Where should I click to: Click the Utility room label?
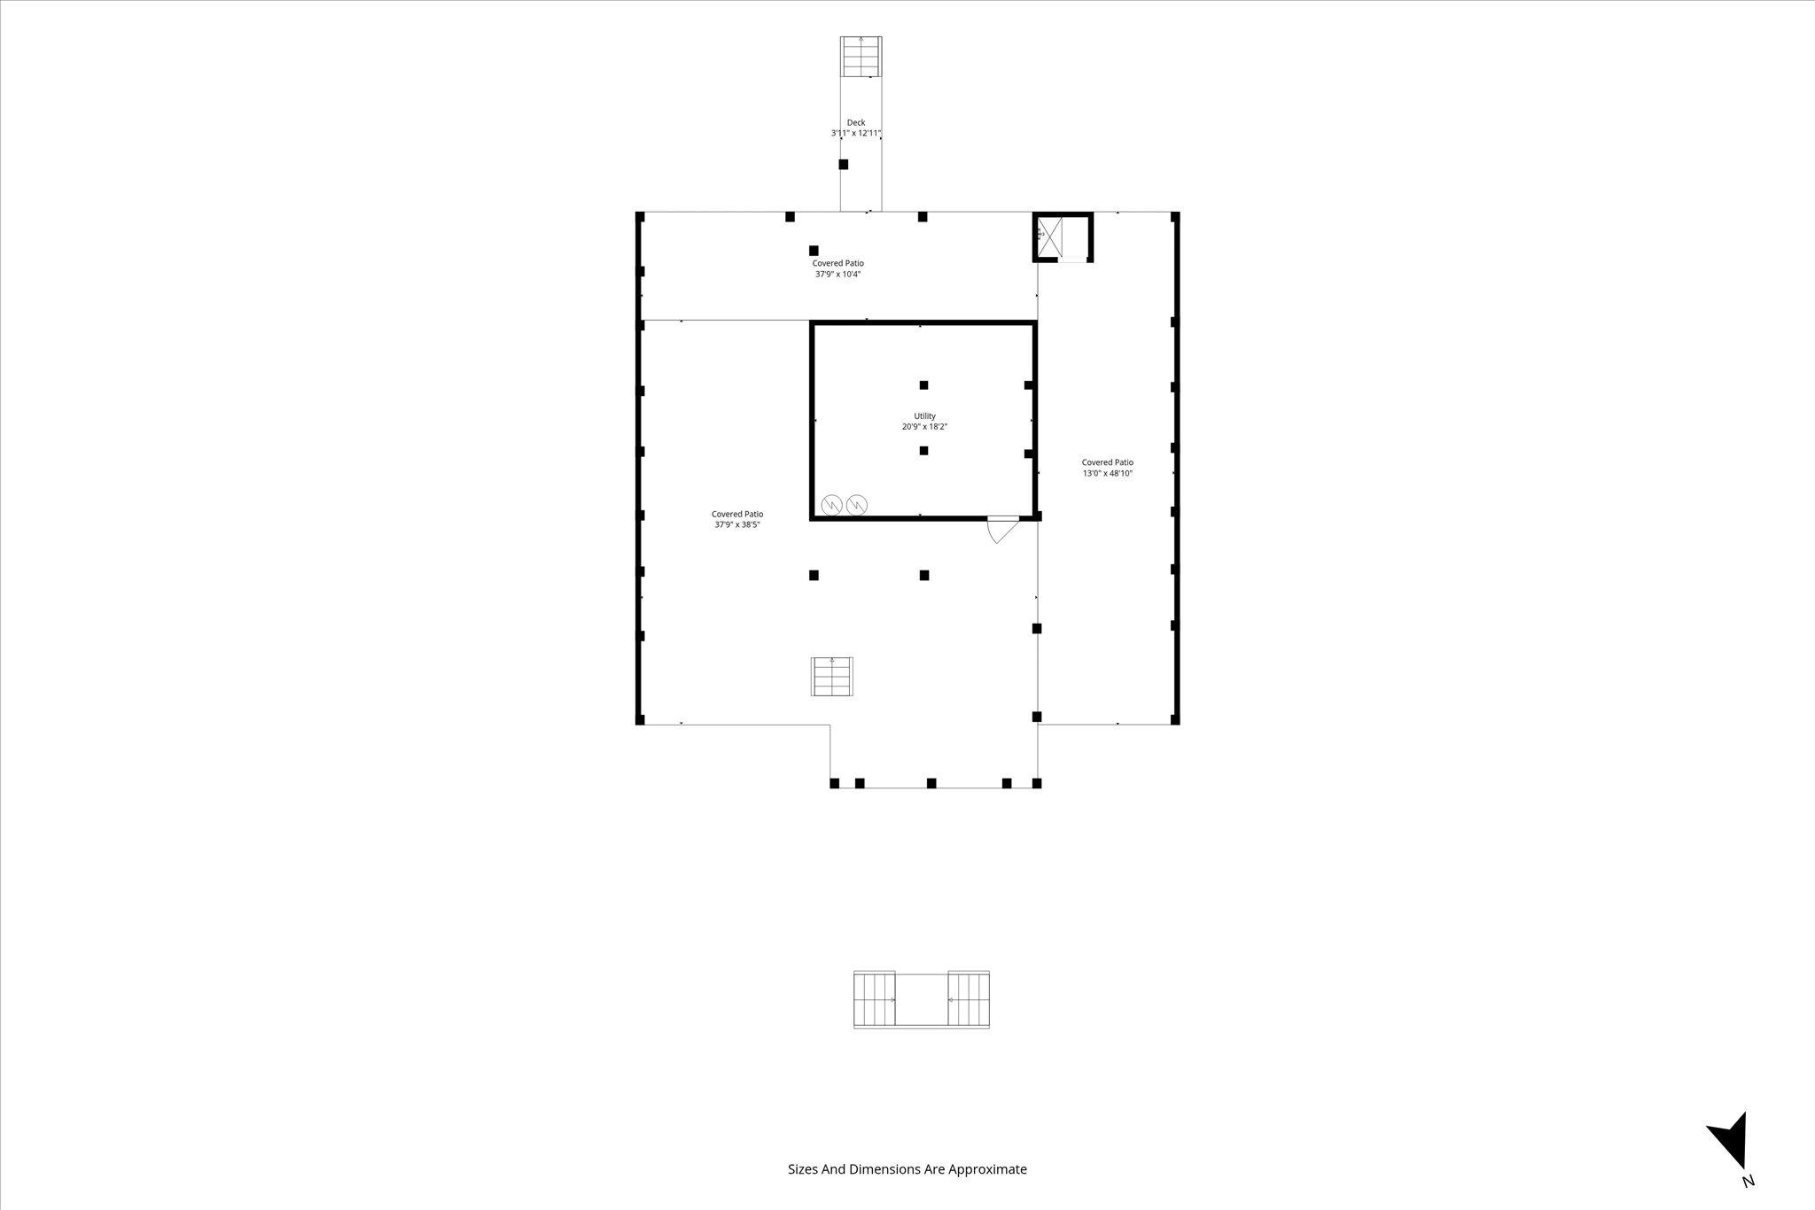click(924, 416)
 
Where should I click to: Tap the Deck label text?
click(855, 123)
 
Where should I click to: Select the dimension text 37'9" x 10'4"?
click(837, 275)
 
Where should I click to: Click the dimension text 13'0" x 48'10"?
click(1108, 474)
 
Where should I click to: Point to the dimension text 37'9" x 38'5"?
click(737, 524)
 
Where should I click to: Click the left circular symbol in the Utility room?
click(832, 505)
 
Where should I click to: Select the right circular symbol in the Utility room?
click(857, 505)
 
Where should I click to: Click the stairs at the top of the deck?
click(861, 56)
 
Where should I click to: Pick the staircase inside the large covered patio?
click(832, 677)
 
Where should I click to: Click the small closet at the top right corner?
click(1063, 237)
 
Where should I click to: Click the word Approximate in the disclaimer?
click(987, 1170)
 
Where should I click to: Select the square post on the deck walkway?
click(844, 164)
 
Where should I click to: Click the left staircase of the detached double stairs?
click(875, 999)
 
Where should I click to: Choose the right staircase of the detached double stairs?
click(969, 999)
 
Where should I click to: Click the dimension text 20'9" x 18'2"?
click(924, 427)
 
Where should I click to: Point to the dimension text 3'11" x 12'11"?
click(855, 134)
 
